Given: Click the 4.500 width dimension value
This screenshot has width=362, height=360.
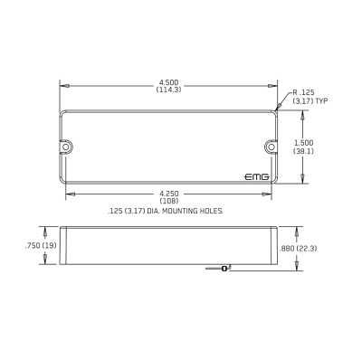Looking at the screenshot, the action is click(x=168, y=82).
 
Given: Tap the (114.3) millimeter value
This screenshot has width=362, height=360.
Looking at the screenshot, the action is click(x=168, y=90).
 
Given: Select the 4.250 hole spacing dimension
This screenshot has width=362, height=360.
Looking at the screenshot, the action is click(x=169, y=194).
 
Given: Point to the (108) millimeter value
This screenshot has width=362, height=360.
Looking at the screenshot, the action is click(x=169, y=201).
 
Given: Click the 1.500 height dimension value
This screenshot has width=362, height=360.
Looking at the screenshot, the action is click(x=303, y=143).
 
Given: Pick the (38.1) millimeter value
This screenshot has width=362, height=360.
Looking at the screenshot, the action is click(x=303, y=150).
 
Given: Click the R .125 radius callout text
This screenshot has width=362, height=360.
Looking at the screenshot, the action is click(x=303, y=92).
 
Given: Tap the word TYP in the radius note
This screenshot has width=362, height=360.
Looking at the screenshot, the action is click(x=321, y=101).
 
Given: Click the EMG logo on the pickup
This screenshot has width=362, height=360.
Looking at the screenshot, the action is click(x=257, y=177).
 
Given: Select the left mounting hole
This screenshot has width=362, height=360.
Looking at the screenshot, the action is click(x=66, y=147).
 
